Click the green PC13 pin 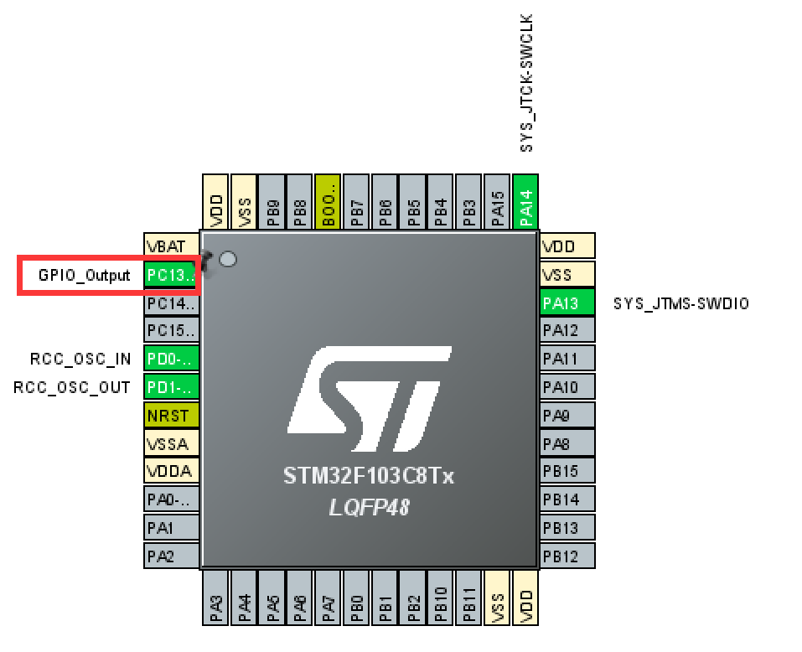point(172,274)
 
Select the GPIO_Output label point(85,275)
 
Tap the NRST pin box point(172,415)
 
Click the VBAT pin point(172,246)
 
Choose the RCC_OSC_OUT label point(72,387)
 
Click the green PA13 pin point(567,303)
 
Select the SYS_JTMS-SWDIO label point(681,303)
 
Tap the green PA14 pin point(525,201)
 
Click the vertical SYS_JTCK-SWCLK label point(526,83)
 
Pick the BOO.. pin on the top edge point(328,201)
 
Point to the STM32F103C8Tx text point(368,477)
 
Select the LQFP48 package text point(368,507)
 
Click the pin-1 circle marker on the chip point(227,260)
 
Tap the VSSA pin point(172,442)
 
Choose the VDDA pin point(172,471)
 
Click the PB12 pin point(567,556)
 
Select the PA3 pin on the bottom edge point(215,598)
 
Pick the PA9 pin point(567,415)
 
